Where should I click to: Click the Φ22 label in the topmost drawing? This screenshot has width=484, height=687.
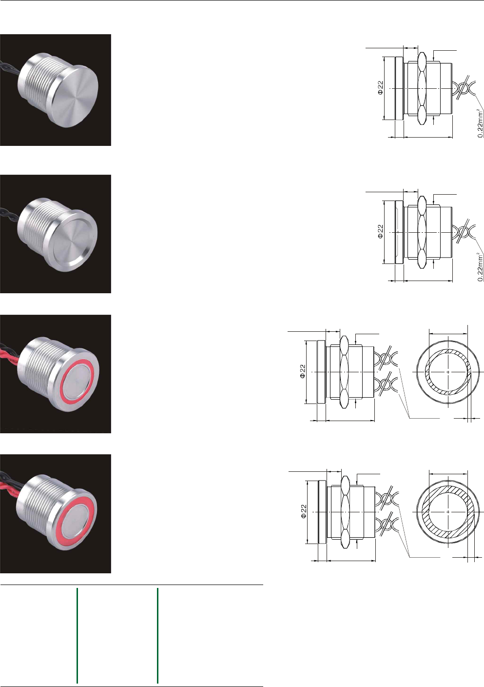pyautogui.click(x=380, y=88)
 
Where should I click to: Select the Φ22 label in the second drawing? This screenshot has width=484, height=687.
pyautogui.click(x=380, y=232)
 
